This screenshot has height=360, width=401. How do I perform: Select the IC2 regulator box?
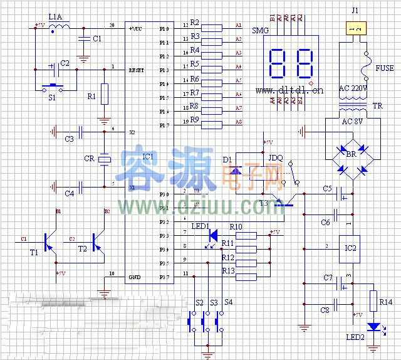(351, 248)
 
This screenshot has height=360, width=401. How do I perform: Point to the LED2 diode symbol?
(374, 326)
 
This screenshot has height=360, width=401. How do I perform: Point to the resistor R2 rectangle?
(212, 28)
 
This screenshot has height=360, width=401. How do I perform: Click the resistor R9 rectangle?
(212, 125)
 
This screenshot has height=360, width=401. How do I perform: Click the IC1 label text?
(148, 156)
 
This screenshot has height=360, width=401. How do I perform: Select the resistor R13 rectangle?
(246, 274)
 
